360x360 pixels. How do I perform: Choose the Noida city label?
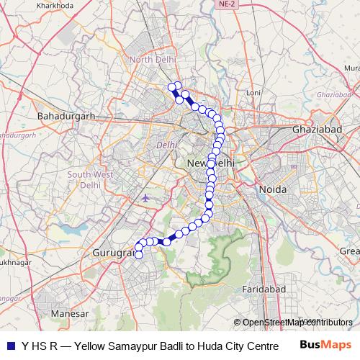(x=274, y=189)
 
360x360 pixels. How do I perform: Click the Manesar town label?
(x=70, y=315)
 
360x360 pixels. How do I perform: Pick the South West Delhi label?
(x=89, y=179)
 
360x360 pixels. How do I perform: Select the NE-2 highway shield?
(x=227, y=4)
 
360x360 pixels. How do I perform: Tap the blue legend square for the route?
(x=9, y=345)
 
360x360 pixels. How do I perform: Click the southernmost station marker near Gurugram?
(x=139, y=254)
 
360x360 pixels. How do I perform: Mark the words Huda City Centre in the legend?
(x=220, y=345)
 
